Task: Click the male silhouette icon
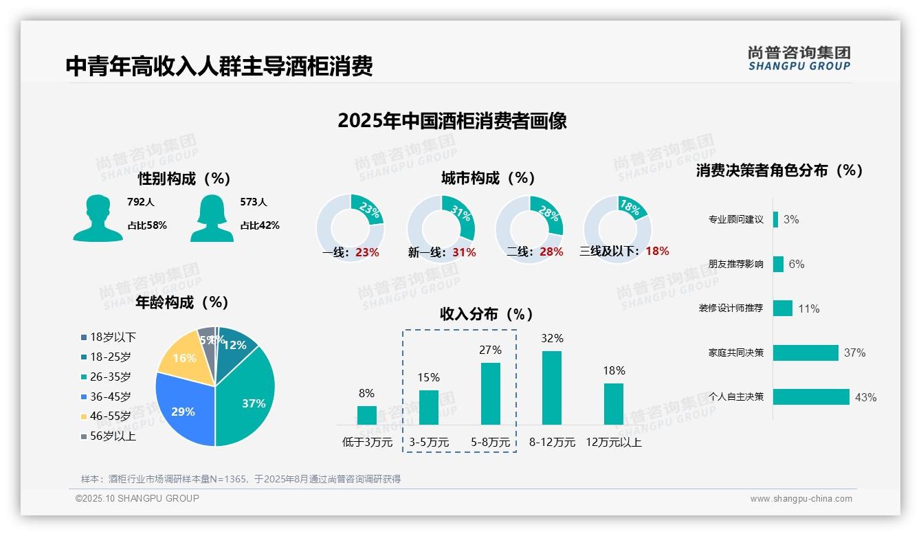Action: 98,218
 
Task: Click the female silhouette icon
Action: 212,218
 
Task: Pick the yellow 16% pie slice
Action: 184,357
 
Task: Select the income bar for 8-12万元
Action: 552,388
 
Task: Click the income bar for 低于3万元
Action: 367,415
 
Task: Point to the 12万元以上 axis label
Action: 614,443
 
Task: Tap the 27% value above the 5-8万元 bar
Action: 490,350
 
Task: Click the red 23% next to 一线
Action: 367,252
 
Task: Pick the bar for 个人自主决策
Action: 811,397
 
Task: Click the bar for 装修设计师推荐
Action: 783,308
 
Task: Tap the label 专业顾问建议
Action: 735,220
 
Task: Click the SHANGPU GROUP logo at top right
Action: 799,58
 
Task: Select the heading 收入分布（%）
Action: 487,314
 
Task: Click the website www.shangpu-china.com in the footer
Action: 801,499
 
